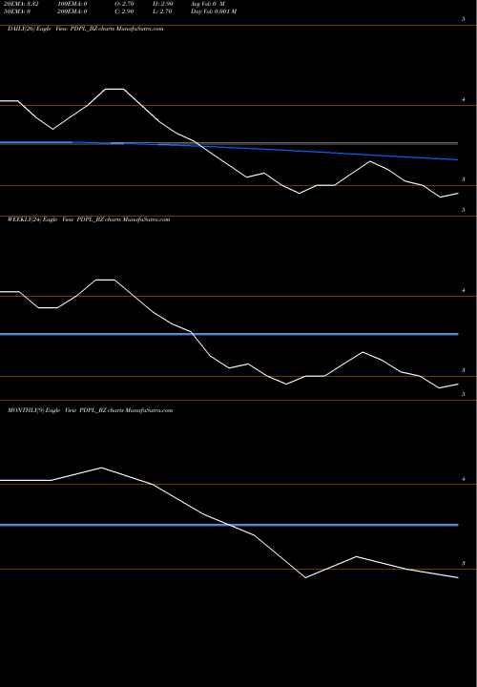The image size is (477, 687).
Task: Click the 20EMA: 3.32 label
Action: [x=21, y=5]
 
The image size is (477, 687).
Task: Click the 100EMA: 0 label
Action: [x=74, y=5]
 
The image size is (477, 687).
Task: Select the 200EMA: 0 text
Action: [x=74, y=12]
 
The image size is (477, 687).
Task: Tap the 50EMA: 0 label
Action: [x=19, y=12]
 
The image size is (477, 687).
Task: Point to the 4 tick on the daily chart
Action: [x=463, y=100]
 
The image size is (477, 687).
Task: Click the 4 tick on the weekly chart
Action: [x=463, y=297]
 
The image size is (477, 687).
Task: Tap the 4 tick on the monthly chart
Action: [x=463, y=481]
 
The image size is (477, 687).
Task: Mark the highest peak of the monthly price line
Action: [x=102, y=468]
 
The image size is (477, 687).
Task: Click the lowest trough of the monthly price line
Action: [x=306, y=577]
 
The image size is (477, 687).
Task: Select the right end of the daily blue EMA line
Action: [x=458, y=159]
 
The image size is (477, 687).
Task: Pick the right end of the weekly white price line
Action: [x=458, y=384]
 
